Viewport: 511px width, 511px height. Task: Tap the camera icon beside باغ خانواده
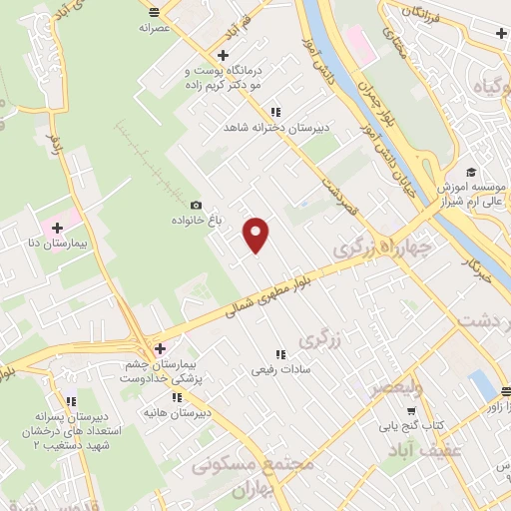[196, 204]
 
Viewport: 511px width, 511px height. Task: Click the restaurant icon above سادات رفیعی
[279, 354]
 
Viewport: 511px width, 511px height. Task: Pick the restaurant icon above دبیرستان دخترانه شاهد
[275, 113]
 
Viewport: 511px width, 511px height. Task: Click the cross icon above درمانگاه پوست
[223, 56]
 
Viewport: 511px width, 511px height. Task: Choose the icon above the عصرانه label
[154, 12]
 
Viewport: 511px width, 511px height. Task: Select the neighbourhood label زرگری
[320, 338]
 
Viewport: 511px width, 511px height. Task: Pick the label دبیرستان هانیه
[176, 411]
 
